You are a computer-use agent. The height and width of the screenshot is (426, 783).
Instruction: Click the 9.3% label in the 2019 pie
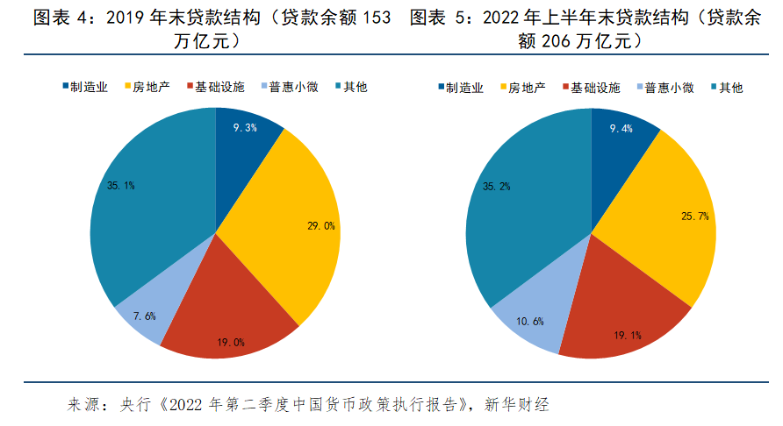(x=245, y=128)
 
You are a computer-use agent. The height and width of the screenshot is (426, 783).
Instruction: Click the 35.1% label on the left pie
(x=120, y=185)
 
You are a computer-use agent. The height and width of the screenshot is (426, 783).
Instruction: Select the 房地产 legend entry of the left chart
(x=147, y=87)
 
